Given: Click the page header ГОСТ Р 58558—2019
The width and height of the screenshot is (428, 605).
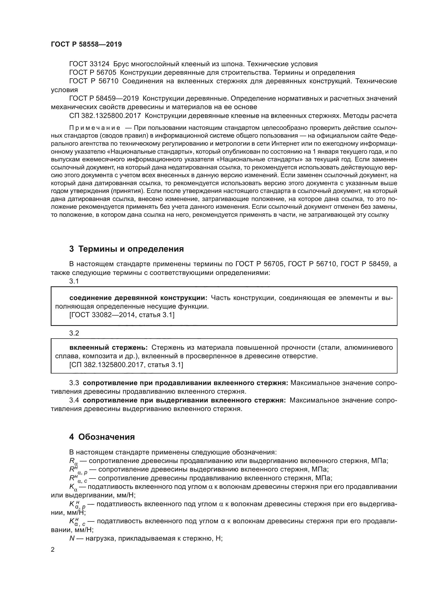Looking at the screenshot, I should pyautogui.click(x=86, y=44).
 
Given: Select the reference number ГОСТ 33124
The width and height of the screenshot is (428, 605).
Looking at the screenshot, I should pyautogui.click(x=91, y=64).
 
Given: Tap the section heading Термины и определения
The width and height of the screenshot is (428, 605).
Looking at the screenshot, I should pyautogui.click(x=131, y=249).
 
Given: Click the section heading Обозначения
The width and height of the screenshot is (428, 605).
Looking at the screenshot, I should pyautogui.click(x=106, y=437).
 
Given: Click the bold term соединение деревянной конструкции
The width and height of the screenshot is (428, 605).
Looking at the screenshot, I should pyautogui.click(x=138, y=298).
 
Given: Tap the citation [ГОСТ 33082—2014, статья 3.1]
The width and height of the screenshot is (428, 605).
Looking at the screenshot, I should pyautogui.click(x=122, y=315).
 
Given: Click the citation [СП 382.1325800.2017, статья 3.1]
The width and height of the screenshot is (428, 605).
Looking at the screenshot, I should pyautogui.click(x=126, y=365).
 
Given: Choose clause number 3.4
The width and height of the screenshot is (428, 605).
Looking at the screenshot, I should pyautogui.click(x=74, y=400).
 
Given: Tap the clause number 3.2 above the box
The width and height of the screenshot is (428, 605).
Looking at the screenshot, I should pyautogui.click(x=74, y=333).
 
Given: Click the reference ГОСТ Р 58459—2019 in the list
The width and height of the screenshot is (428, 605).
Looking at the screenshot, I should pyautogui.click(x=104, y=99).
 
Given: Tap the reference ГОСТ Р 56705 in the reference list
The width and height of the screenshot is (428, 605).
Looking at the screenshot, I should pyautogui.click(x=92, y=73).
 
